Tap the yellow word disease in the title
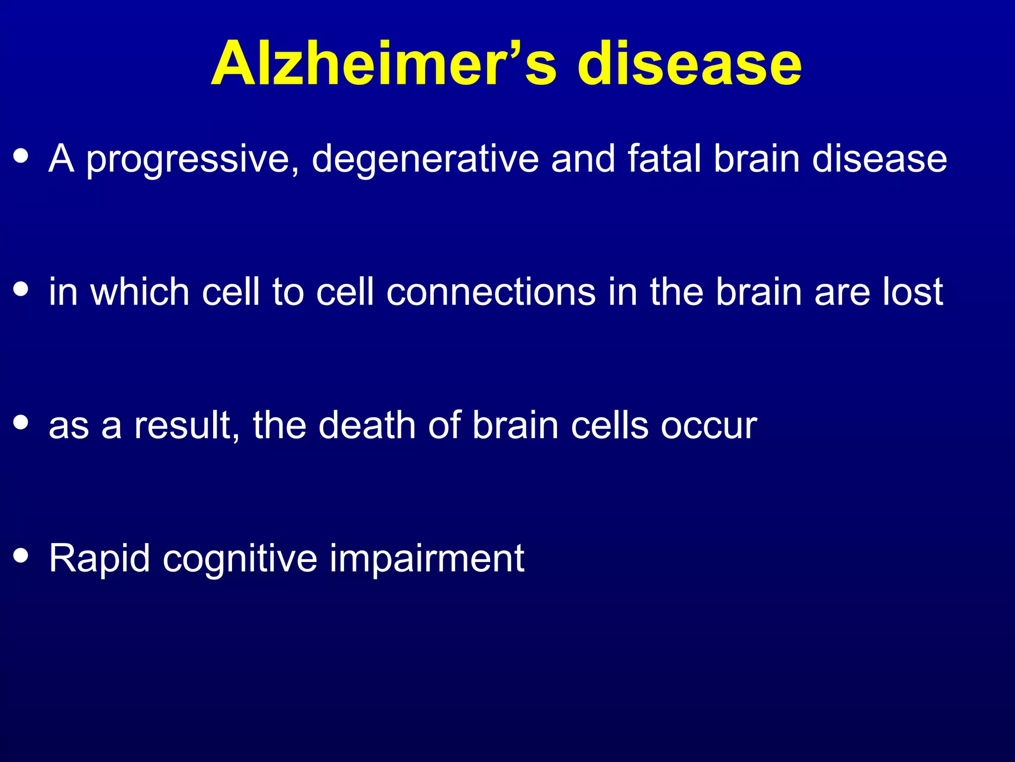[x=689, y=63]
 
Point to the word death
[x=367, y=425]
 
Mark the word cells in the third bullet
[x=610, y=425]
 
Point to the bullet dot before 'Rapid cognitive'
[x=21, y=556]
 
